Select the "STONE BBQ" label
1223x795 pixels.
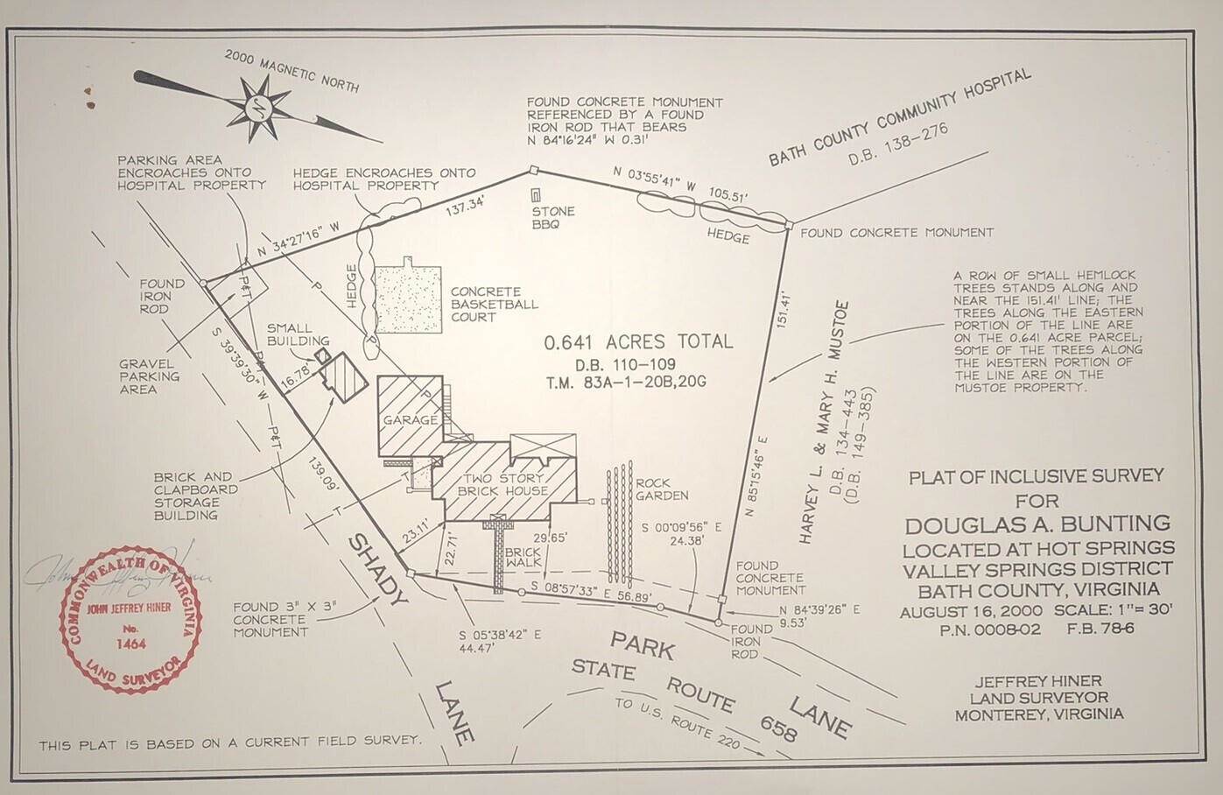pyautogui.click(x=553, y=217)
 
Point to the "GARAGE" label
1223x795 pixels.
pyautogui.click(x=410, y=420)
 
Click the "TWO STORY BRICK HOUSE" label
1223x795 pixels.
pyautogui.click(x=503, y=484)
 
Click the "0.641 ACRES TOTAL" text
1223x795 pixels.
pyautogui.click(x=638, y=342)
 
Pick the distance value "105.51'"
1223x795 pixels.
pyautogui.click(x=728, y=197)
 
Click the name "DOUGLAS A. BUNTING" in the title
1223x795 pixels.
pyautogui.click(x=1037, y=524)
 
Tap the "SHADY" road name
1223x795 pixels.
pyautogui.click(x=378, y=570)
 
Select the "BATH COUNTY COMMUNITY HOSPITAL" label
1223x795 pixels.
pyautogui.click(x=900, y=117)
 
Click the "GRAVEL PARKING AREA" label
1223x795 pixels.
pyautogui.click(x=150, y=376)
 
